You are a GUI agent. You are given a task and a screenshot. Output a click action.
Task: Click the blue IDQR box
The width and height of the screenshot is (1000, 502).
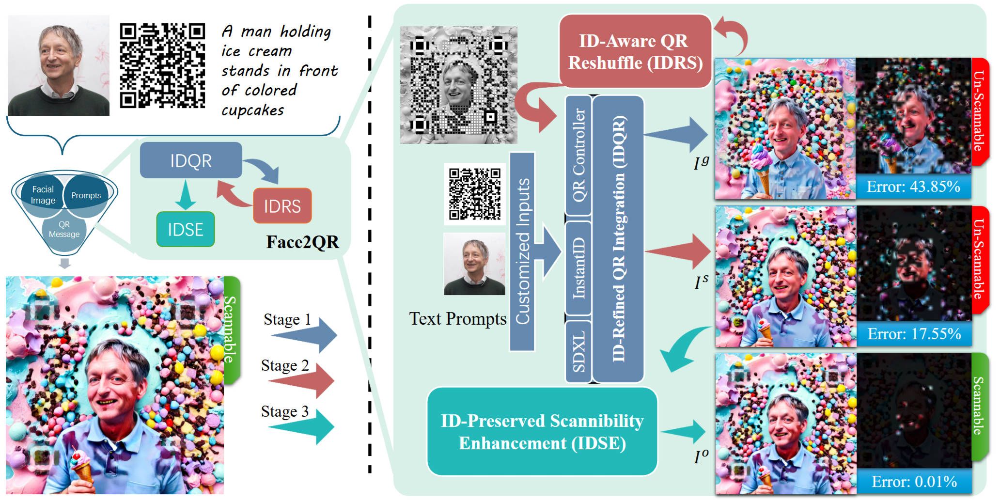click(x=190, y=160)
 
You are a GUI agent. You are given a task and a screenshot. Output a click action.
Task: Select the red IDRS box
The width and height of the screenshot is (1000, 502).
click(x=282, y=206)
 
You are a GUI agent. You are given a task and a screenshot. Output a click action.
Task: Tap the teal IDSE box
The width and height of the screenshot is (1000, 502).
click(x=185, y=229)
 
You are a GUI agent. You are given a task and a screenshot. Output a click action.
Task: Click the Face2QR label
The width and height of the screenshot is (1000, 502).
click(x=302, y=242)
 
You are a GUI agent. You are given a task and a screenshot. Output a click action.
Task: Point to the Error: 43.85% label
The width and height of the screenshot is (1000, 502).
click(x=913, y=187)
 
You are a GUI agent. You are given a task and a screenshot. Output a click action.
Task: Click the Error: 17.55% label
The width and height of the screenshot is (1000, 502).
click(x=914, y=334)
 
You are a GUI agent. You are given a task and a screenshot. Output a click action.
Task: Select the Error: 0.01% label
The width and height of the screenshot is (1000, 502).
click(x=914, y=482)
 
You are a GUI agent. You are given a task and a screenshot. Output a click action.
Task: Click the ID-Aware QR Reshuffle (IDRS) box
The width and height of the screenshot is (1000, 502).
click(x=635, y=51)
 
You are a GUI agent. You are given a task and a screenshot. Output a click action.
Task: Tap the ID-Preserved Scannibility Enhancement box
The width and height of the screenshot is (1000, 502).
click(x=542, y=431)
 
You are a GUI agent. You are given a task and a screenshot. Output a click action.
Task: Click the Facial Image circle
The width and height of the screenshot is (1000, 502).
click(x=43, y=195)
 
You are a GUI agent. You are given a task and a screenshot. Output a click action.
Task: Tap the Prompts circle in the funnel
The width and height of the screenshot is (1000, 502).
click(x=86, y=195)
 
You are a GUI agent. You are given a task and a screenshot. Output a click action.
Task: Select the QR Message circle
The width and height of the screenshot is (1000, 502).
click(x=64, y=229)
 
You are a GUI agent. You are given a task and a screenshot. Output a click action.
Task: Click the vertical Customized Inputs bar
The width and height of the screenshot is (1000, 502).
click(x=522, y=252)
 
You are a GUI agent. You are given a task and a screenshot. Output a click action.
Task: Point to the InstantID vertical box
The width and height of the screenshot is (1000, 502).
click(x=578, y=268)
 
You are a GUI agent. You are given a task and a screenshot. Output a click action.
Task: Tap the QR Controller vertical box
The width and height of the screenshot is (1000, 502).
click(x=578, y=155)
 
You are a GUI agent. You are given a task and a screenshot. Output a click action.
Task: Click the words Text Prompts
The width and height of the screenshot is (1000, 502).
click(x=457, y=319)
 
